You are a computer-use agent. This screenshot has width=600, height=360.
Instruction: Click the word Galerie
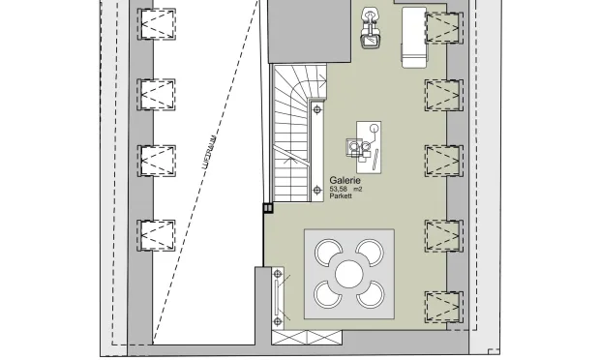(345, 181)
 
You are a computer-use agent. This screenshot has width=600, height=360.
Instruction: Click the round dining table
(349, 274)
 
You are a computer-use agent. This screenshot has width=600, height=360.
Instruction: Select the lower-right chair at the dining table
(372, 296)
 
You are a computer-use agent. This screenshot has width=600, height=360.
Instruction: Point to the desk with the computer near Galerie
(368, 144)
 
